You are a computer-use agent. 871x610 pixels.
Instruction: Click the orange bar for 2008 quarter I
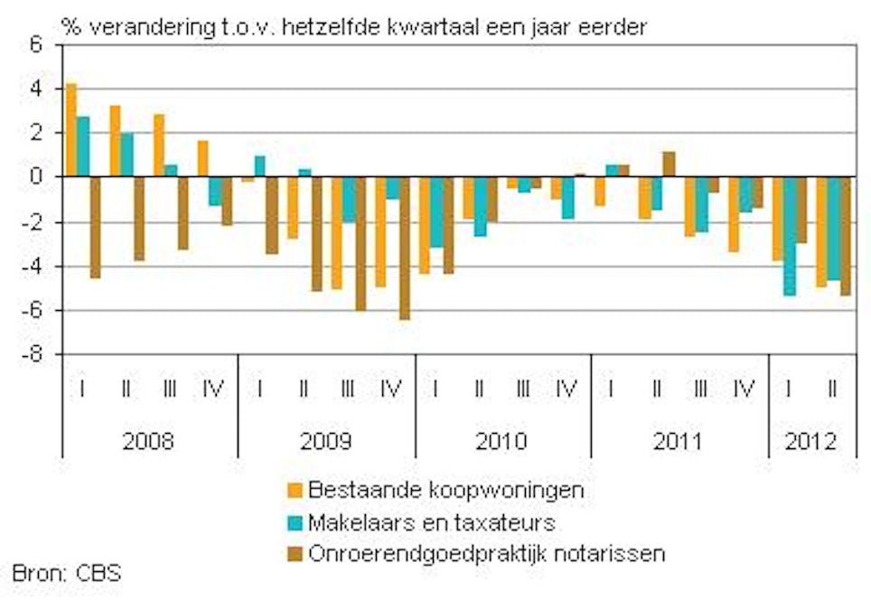click(x=71, y=130)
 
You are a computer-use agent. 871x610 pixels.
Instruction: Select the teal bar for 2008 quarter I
click(x=83, y=146)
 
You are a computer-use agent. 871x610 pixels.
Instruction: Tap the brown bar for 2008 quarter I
click(x=95, y=227)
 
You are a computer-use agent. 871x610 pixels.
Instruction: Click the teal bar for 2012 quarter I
click(x=790, y=236)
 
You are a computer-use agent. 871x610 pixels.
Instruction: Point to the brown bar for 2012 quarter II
click(x=846, y=236)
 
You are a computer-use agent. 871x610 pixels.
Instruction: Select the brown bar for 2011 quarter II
click(x=669, y=164)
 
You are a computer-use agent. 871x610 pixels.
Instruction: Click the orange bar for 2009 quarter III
click(x=336, y=232)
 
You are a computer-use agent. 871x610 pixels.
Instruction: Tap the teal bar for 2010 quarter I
click(x=436, y=211)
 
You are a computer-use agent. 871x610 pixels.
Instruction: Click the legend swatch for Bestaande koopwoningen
click(x=295, y=491)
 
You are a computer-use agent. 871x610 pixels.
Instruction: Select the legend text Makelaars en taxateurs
click(x=431, y=521)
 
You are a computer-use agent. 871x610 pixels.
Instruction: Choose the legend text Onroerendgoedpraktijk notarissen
click(x=486, y=552)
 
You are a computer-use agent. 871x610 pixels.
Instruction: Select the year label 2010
click(x=502, y=443)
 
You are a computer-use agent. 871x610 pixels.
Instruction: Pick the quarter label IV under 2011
click(x=744, y=389)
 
